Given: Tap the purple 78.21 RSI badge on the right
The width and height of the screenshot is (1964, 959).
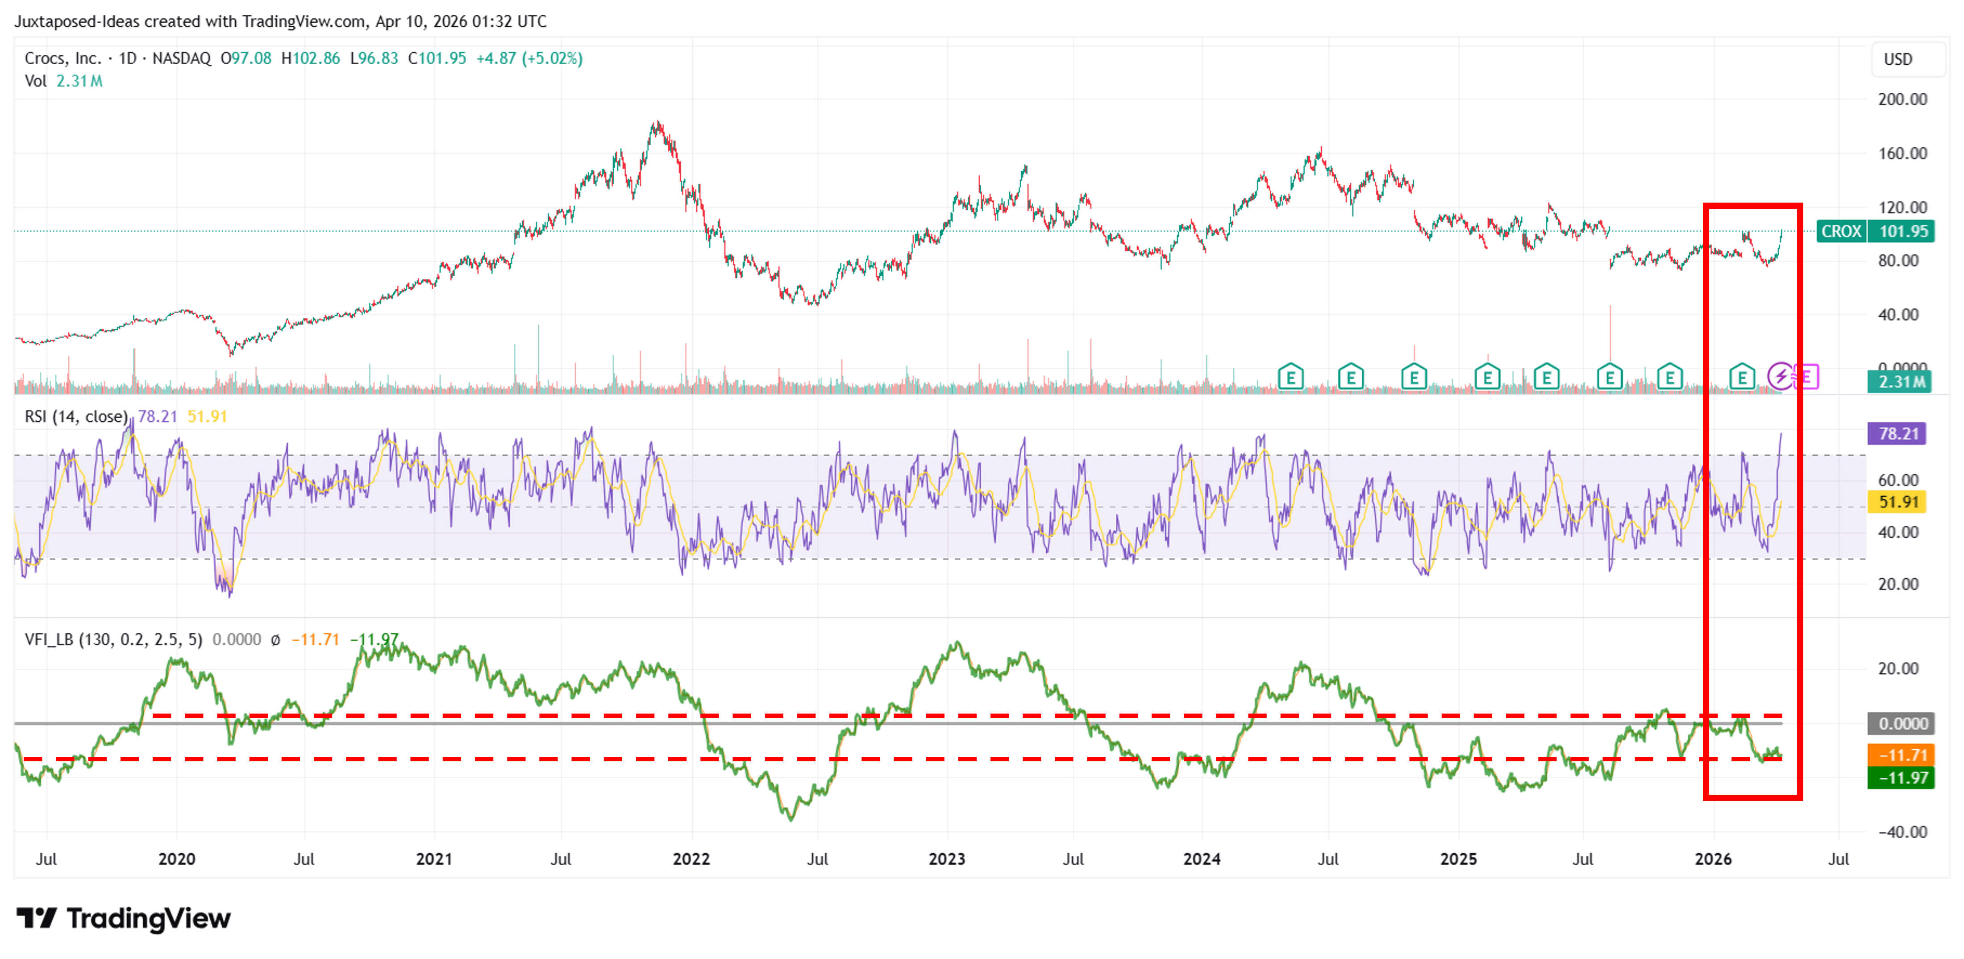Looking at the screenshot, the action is pos(1897,434).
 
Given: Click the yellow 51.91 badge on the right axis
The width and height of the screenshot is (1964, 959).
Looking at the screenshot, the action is pos(1897,502).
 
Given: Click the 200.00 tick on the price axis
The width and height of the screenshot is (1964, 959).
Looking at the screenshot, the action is pos(1902,99).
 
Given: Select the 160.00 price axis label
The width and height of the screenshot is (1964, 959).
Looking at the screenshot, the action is pos(1902,153).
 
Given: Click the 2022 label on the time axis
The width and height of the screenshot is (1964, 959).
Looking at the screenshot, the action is pos(691,859).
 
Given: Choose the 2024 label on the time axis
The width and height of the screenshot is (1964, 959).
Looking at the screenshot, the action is pos(1202,859).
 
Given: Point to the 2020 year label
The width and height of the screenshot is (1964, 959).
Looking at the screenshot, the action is pos(176,859).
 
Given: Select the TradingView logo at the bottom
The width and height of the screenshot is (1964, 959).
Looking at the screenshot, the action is pos(124,918).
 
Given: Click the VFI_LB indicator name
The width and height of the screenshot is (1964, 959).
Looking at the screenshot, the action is pos(49,639).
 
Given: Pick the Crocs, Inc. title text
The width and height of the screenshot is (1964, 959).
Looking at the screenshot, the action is pos(62,59).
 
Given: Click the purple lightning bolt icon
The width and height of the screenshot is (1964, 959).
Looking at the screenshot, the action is pos(1781,376).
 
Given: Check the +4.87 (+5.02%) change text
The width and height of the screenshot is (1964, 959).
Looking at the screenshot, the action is pos(529,59).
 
